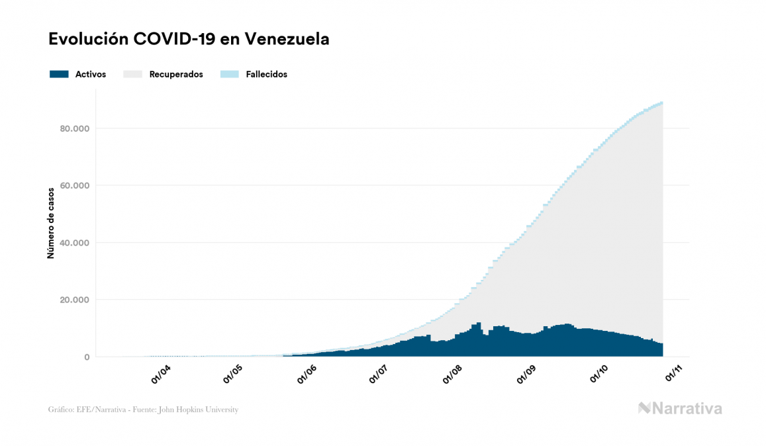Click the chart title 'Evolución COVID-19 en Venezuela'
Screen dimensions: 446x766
(189, 39)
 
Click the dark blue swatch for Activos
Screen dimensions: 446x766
(59, 74)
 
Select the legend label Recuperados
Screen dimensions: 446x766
(176, 74)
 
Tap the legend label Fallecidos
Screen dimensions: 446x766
(266, 74)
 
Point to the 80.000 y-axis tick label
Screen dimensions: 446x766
(75, 128)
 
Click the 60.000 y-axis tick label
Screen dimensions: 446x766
(75, 185)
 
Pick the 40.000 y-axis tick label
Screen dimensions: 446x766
(75, 243)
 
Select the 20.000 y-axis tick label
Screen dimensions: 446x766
(75, 300)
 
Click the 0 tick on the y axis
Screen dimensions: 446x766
(86, 357)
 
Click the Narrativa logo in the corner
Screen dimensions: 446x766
(680, 409)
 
